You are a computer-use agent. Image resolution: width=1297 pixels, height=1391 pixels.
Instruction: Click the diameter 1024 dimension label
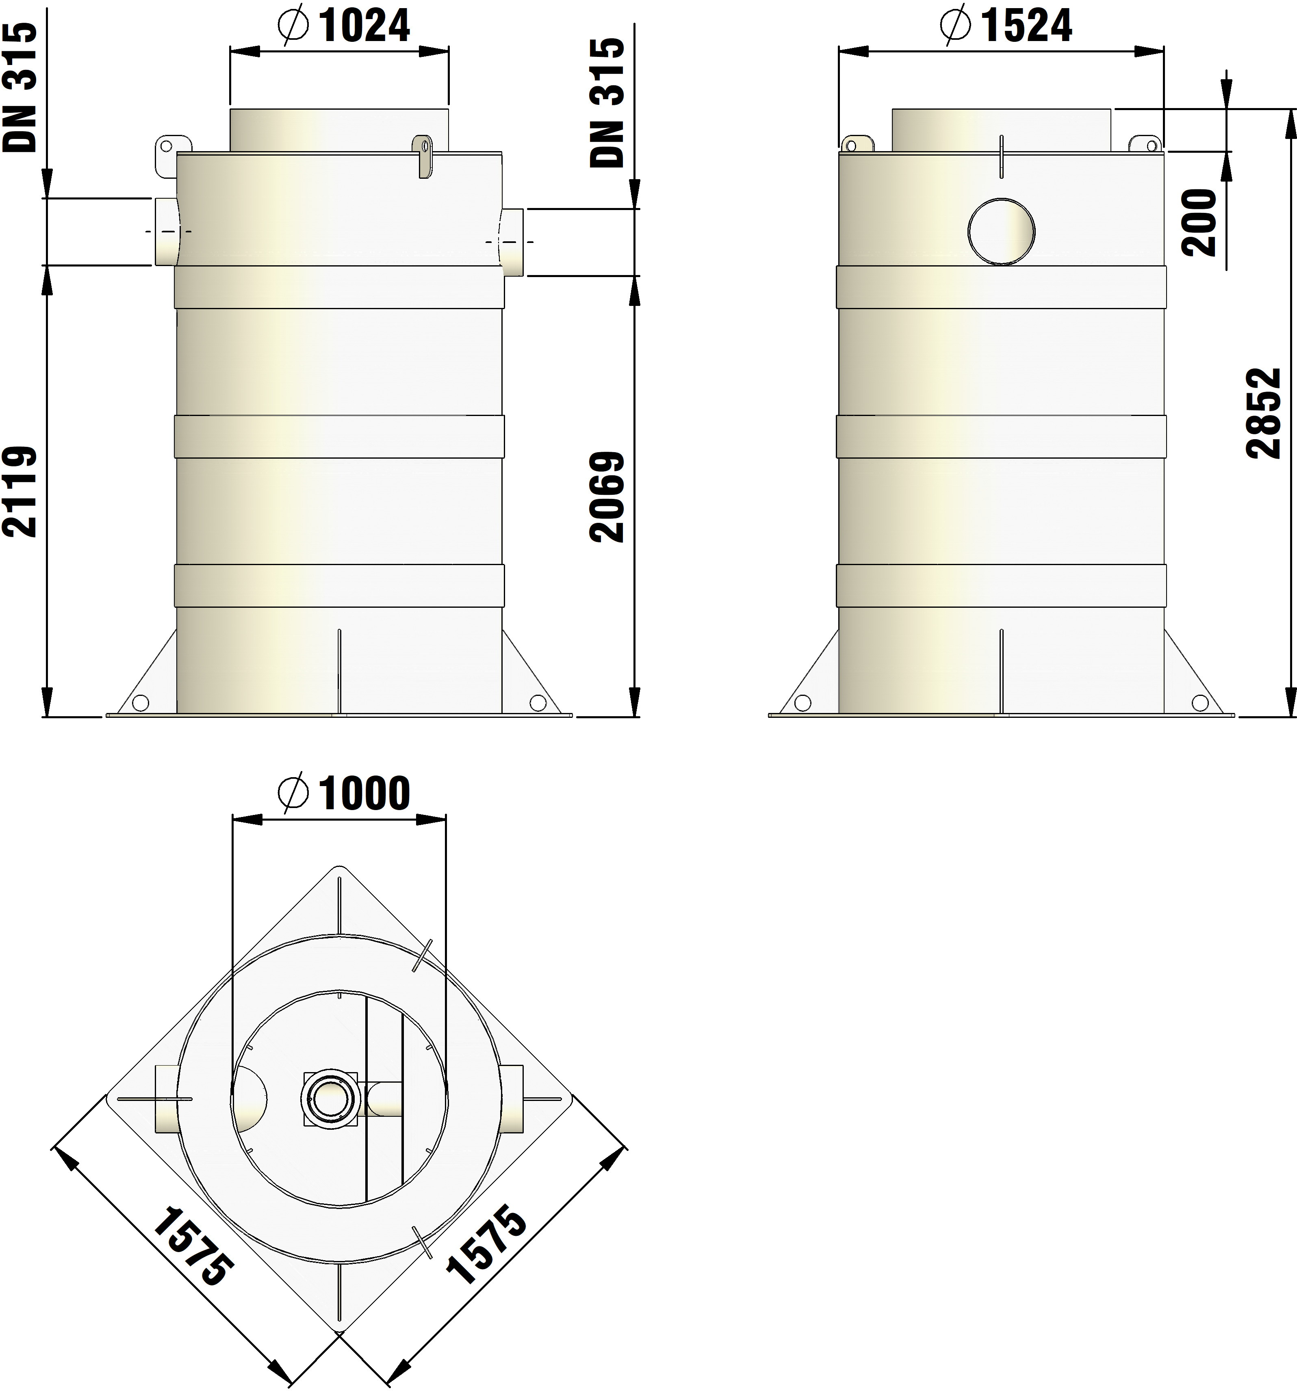click(x=343, y=26)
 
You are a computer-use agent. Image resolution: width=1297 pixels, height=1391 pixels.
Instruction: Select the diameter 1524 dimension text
click(x=1006, y=26)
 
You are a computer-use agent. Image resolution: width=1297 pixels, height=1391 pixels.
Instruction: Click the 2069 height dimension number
click(x=606, y=497)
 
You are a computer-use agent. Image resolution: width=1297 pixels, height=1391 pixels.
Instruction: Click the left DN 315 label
click(x=19, y=87)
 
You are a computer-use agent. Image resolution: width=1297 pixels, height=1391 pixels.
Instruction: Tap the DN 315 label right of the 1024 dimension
click(x=606, y=102)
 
